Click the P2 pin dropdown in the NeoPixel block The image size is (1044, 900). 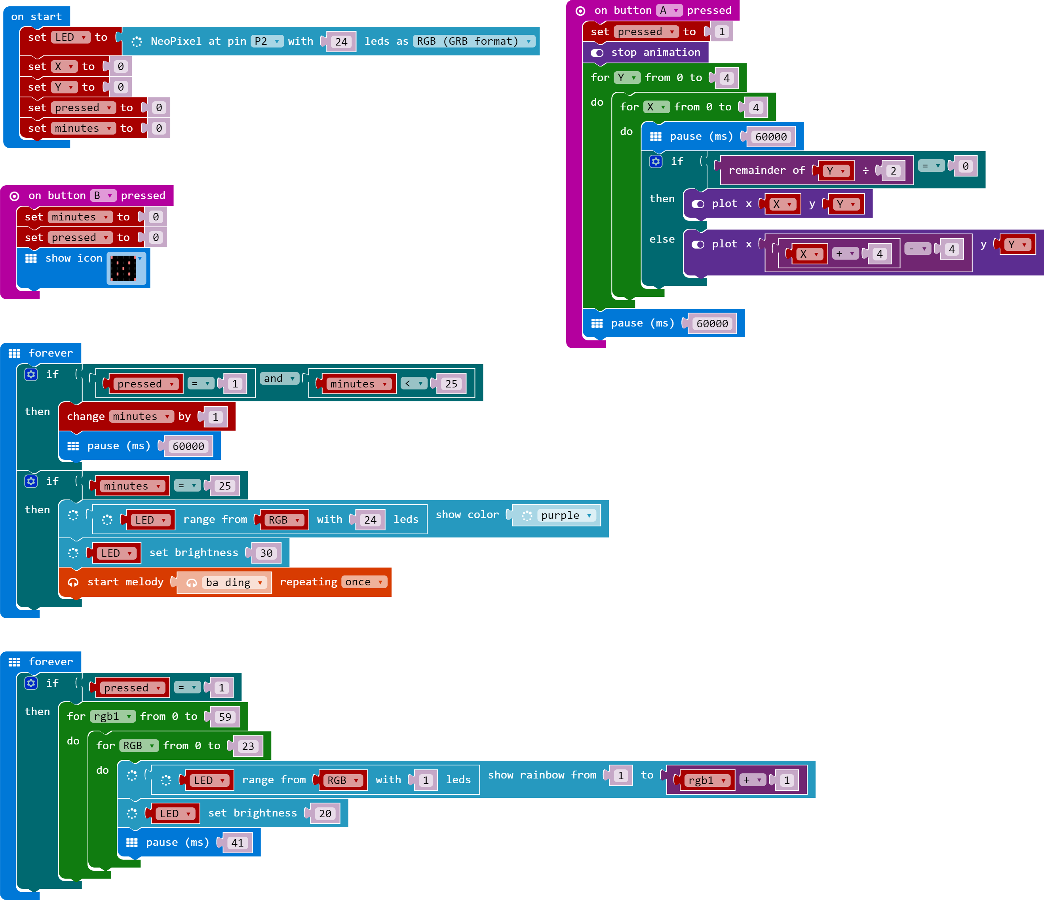pos(266,41)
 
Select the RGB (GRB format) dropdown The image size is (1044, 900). pos(474,41)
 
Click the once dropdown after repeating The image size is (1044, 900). pos(364,582)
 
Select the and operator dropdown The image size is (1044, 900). pos(279,378)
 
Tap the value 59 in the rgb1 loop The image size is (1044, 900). pos(225,717)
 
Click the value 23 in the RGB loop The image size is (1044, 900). pos(248,746)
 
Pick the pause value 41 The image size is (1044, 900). pos(237,843)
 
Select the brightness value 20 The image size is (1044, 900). pos(325,814)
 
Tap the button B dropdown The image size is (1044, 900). pos(103,196)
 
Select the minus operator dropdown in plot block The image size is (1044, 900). pos(917,249)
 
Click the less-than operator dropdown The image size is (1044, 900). pos(414,384)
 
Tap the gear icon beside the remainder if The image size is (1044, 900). pos(656,161)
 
